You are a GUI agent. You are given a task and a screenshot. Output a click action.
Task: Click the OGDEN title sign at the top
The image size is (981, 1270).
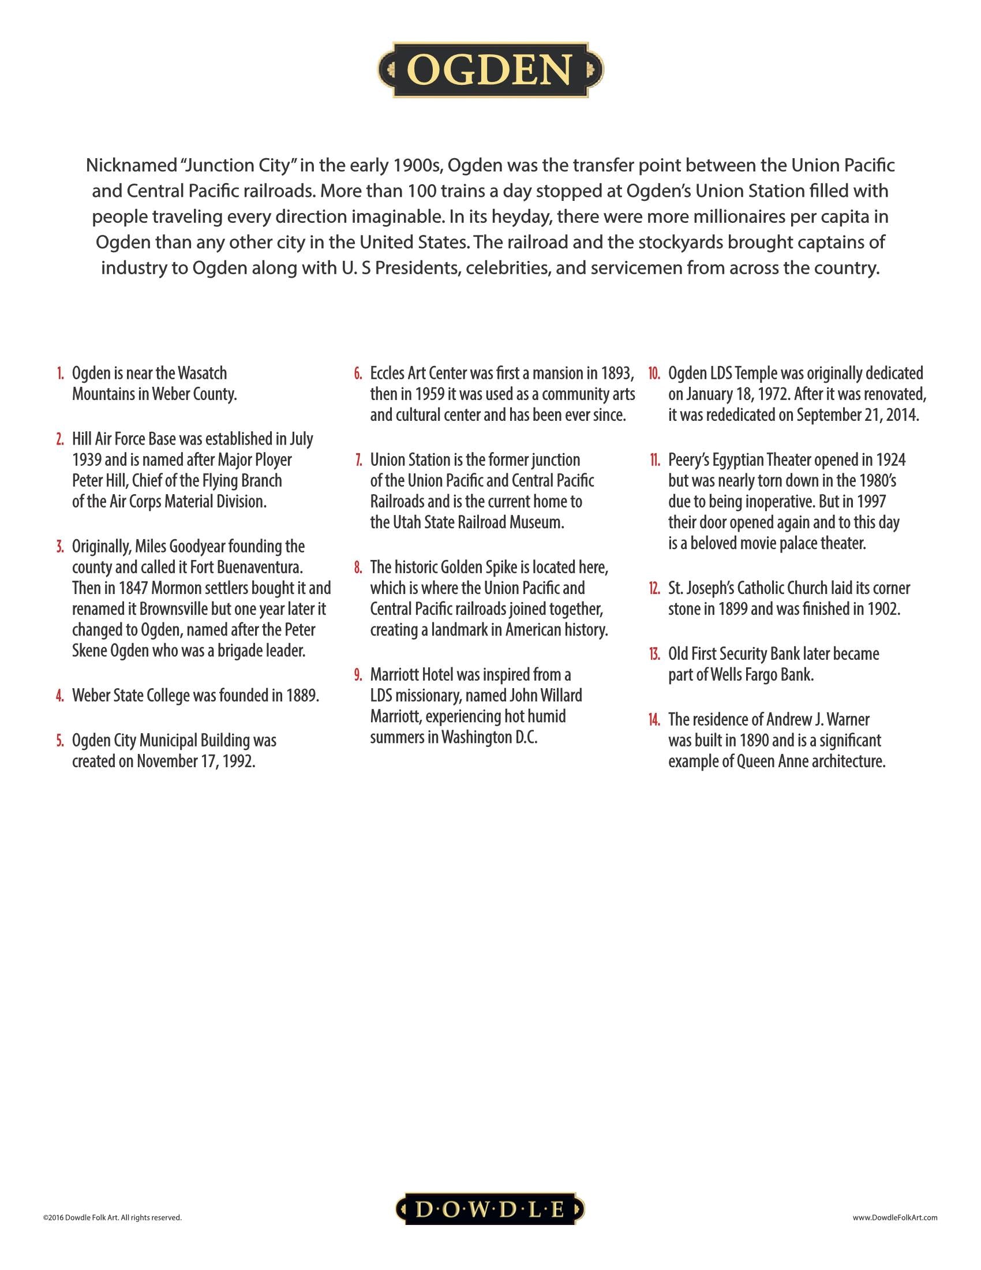click(490, 70)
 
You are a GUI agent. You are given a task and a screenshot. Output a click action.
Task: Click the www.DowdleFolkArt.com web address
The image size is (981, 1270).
click(895, 1217)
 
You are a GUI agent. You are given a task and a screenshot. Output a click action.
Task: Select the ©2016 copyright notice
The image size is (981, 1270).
click(112, 1217)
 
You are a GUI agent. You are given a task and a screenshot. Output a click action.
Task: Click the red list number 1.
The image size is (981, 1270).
click(60, 373)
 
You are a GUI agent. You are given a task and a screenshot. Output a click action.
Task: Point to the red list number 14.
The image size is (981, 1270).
click(654, 720)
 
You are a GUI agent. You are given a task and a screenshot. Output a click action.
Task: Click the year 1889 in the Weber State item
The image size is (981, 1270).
click(302, 696)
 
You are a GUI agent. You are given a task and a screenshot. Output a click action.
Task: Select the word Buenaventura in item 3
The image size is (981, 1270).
click(259, 567)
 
